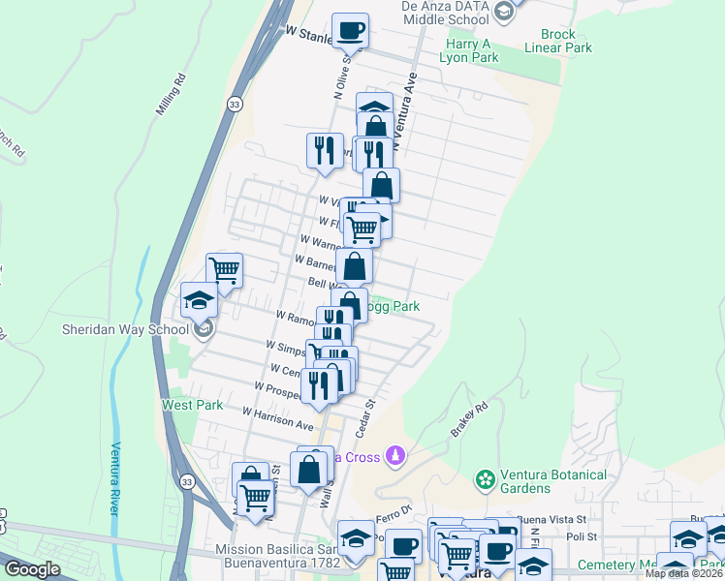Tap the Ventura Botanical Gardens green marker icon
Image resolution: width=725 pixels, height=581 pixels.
tap(484, 478)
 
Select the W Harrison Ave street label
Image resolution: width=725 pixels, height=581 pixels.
tap(279, 418)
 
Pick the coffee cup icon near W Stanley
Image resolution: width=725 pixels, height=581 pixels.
tap(351, 30)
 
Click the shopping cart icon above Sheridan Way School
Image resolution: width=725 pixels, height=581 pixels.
tap(224, 269)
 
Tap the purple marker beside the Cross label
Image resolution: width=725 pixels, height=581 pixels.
tap(394, 454)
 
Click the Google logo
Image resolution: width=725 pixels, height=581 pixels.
tap(32, 570)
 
